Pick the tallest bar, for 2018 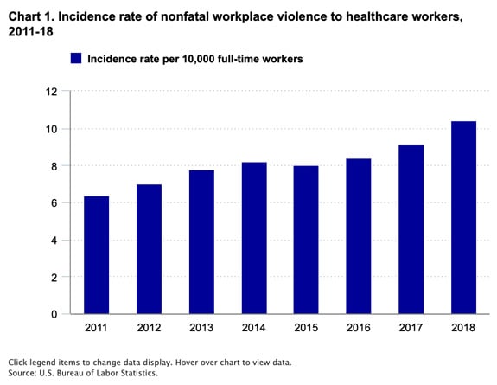point(464,217)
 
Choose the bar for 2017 point(411,229)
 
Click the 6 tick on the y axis point(54,203)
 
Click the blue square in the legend point(76,59)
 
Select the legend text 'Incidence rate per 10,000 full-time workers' point(194,59)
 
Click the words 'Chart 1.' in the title point(31,14)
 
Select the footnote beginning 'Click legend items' point(149,361)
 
